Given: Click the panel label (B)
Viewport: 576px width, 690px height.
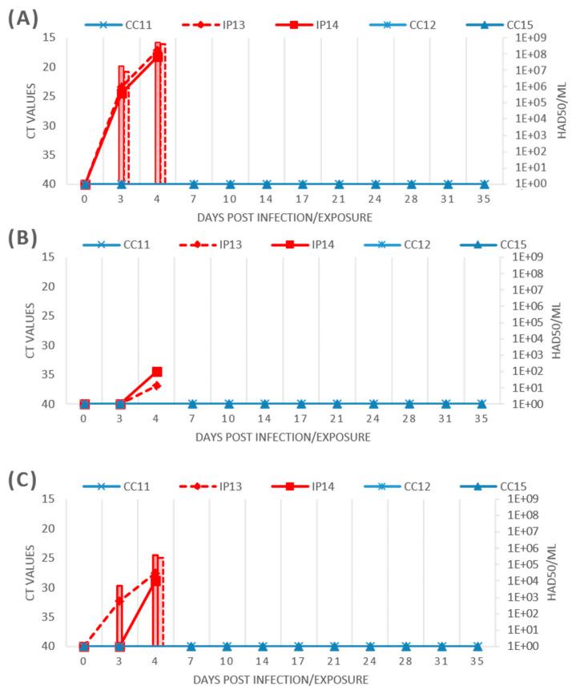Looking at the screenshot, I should pos(24,238).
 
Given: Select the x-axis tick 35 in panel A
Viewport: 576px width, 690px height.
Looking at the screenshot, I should pos(484,197).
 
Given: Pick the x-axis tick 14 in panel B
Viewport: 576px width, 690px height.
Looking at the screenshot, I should pos(265,418).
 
